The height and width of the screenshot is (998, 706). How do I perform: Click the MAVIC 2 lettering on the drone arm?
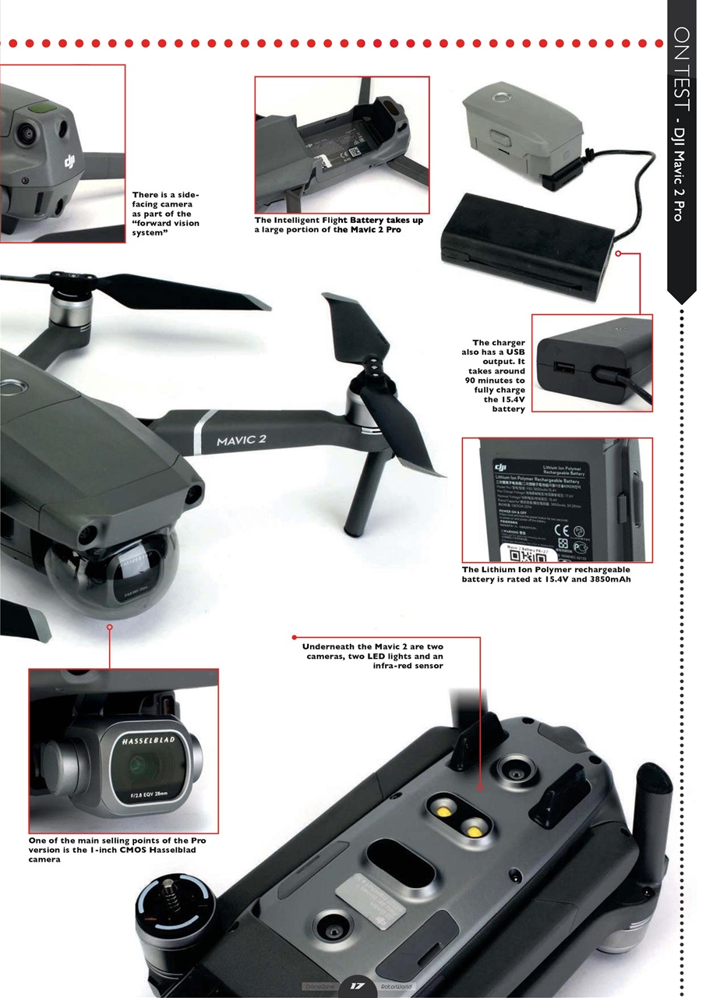(241, 441)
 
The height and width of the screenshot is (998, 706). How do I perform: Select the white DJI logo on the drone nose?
(71, 162)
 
